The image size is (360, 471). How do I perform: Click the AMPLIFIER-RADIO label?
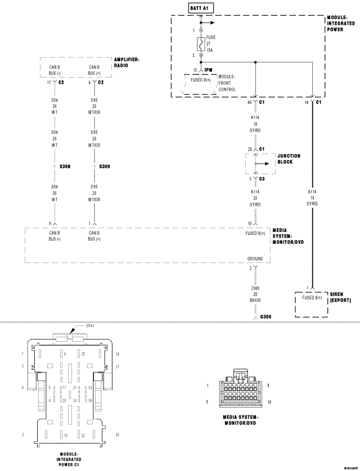click(x=127, y=62)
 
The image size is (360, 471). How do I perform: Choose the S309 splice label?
click(x=105, y=167)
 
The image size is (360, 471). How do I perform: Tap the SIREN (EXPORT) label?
click(x=340, y=297)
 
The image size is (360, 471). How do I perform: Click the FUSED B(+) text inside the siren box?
click(x=312, y=297)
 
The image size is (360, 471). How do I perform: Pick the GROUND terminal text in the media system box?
click(x=255, y=259)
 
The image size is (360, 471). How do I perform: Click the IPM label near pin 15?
click(x=208, y=70)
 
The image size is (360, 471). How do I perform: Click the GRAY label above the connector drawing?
click(x=91, y=325)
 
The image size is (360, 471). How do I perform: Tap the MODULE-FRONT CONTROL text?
click(x=227, y=83)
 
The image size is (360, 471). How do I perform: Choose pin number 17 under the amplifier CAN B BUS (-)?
click(x=49, y=82)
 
